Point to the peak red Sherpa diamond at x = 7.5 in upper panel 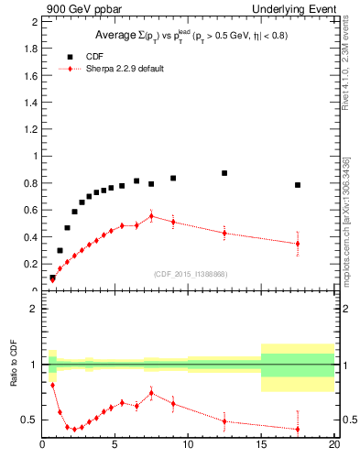click(151, 216)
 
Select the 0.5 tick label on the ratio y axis click(30, 420)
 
